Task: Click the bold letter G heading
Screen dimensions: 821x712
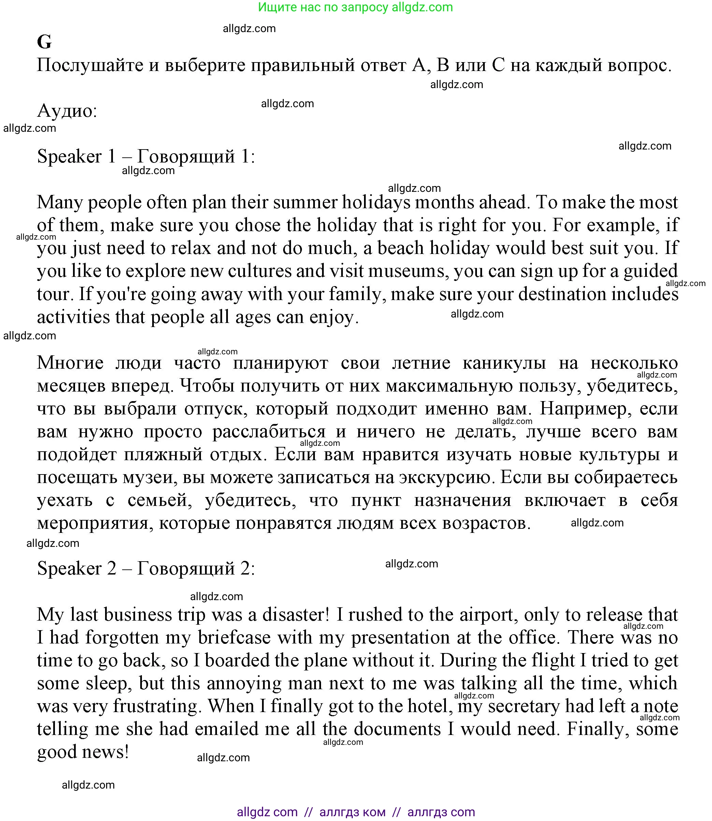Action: (44, 42)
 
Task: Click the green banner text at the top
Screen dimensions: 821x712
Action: (355, 7)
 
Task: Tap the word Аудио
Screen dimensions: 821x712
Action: (67, 111)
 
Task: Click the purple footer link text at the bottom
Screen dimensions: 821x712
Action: (355, 811)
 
